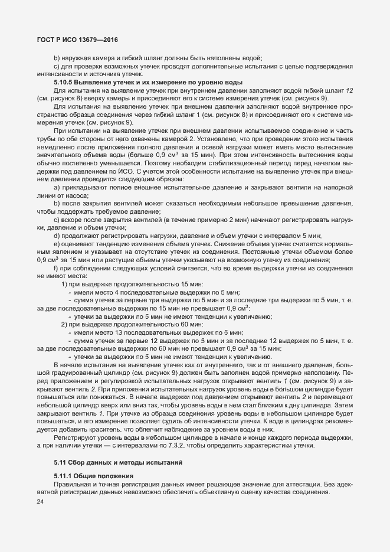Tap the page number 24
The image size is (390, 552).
[41, 501]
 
